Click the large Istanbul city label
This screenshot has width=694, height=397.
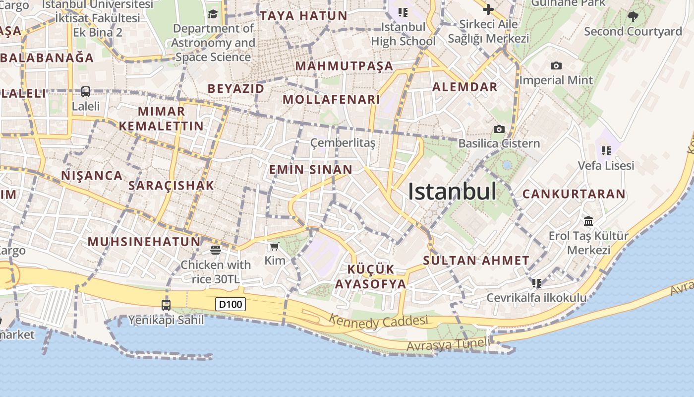coord(452,192)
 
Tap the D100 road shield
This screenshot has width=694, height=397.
coord(231,304)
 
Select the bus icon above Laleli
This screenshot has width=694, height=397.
coord(86,92)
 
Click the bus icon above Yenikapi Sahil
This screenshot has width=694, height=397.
coord(166,305)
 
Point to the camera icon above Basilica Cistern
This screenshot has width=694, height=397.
coord(499,130)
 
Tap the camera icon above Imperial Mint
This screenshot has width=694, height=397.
coord(556,66)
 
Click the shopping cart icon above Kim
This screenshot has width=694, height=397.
coord(274,246)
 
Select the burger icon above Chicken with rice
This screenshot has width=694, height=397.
coord(215,250)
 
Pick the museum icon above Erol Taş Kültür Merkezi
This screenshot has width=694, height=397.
coord(588,221)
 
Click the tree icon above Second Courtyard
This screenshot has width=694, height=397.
coord(633,17)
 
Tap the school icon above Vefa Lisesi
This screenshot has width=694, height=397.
coord(606,150)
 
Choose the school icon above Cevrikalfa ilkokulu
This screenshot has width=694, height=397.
coord(536,283)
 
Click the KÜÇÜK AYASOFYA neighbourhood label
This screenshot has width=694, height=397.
coord(371,277)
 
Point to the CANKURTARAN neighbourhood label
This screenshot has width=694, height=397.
coord(574,194)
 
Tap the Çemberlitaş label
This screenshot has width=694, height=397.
coord(343,143)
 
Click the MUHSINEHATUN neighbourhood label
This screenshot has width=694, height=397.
coord(144,242)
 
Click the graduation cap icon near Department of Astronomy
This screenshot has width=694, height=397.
coord(213,14)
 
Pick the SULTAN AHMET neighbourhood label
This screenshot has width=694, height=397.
coord(476,260)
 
